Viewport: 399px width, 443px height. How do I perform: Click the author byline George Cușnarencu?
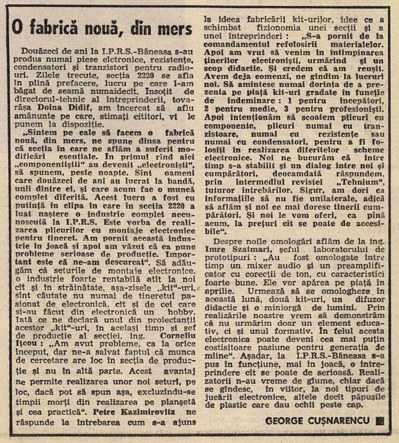click(317, 421)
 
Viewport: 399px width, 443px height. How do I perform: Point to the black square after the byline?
click(379, 421)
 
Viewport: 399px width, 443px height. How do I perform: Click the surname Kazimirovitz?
click(148, 412)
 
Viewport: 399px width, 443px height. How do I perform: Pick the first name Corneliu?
click(178, 335)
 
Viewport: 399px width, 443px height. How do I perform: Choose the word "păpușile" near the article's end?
click(368, 397)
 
